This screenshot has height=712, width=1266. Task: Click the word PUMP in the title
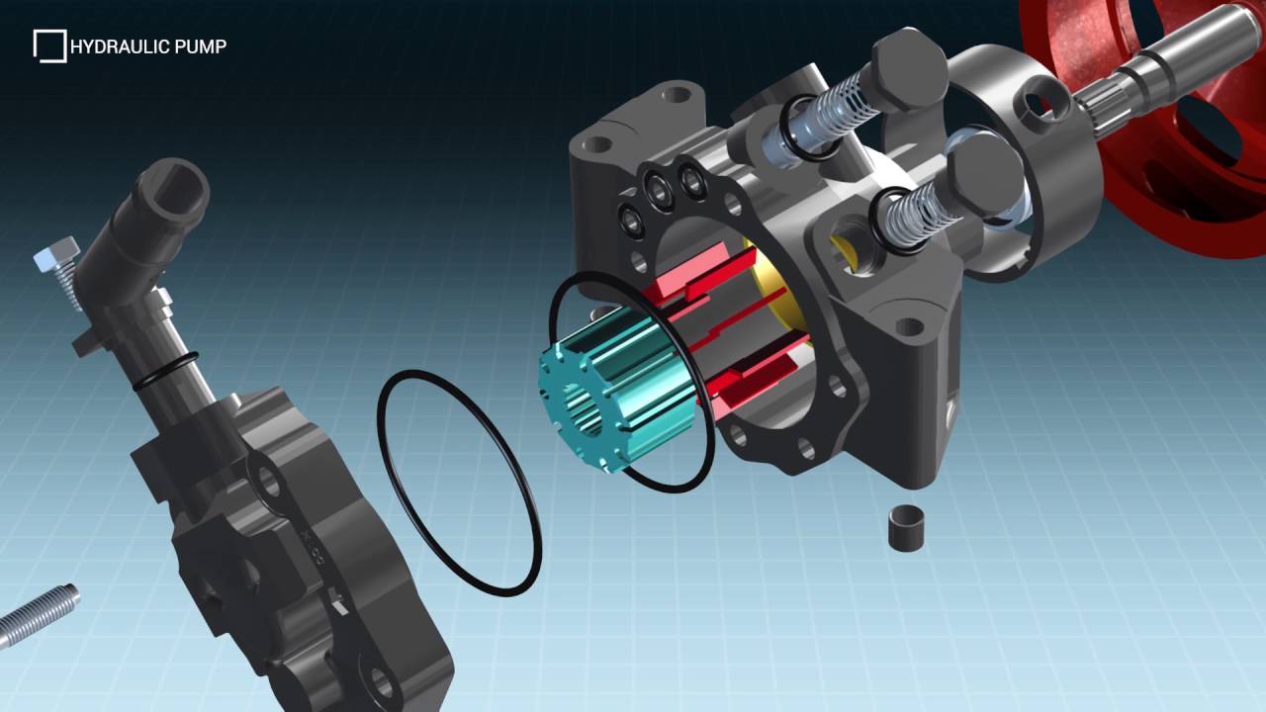204,46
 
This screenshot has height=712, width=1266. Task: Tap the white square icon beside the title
48,45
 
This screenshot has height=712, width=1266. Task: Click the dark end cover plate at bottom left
297,554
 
